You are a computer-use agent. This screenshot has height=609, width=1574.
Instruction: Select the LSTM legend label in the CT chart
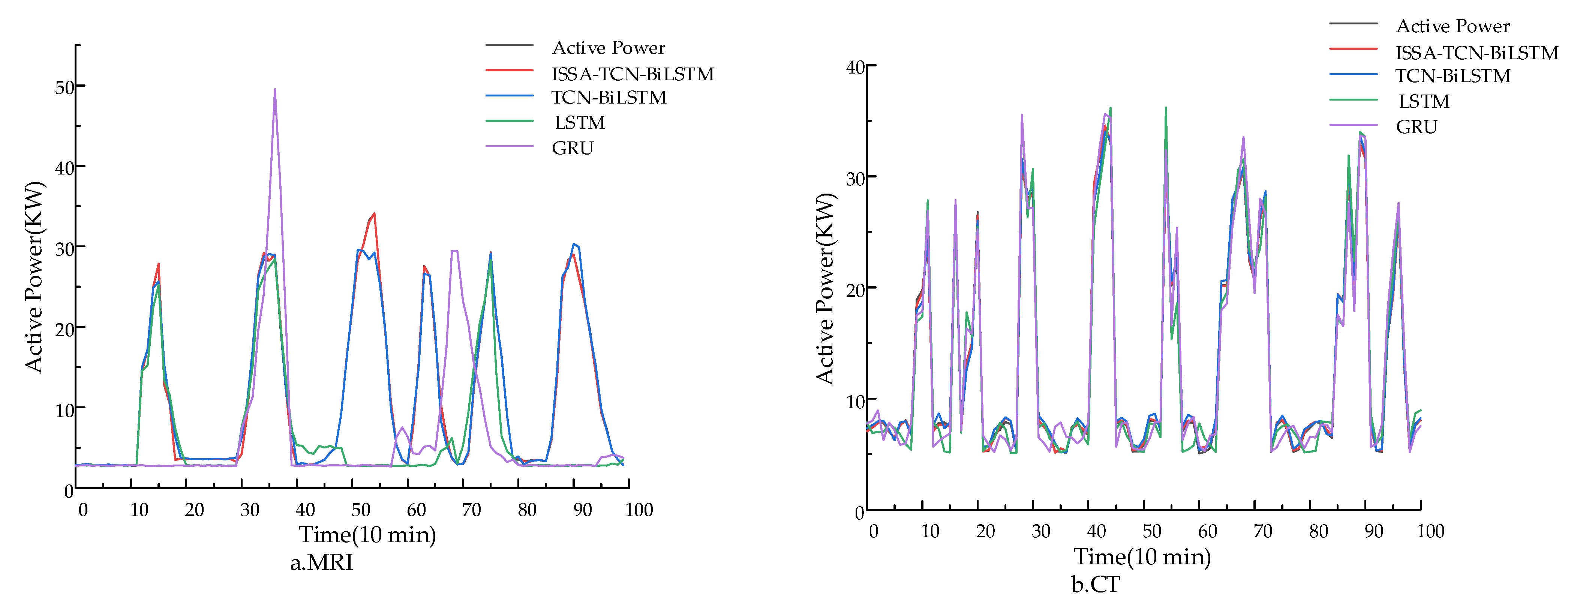[1424, 101]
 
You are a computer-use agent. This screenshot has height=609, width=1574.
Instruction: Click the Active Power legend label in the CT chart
[1453, 26]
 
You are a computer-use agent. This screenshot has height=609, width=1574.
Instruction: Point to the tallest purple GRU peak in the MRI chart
[275, 90]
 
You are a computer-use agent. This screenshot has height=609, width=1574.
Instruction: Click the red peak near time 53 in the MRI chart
[374, 214]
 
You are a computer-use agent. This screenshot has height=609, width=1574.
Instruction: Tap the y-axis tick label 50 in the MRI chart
[65, 87]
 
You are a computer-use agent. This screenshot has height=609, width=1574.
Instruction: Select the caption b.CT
[1096, 585]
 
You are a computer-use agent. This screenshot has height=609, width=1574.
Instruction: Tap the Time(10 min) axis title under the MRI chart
[367, 535]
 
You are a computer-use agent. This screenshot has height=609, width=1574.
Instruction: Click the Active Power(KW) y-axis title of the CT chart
[825, 289]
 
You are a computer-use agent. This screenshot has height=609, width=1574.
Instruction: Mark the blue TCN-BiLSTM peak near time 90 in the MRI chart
[574, 245]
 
